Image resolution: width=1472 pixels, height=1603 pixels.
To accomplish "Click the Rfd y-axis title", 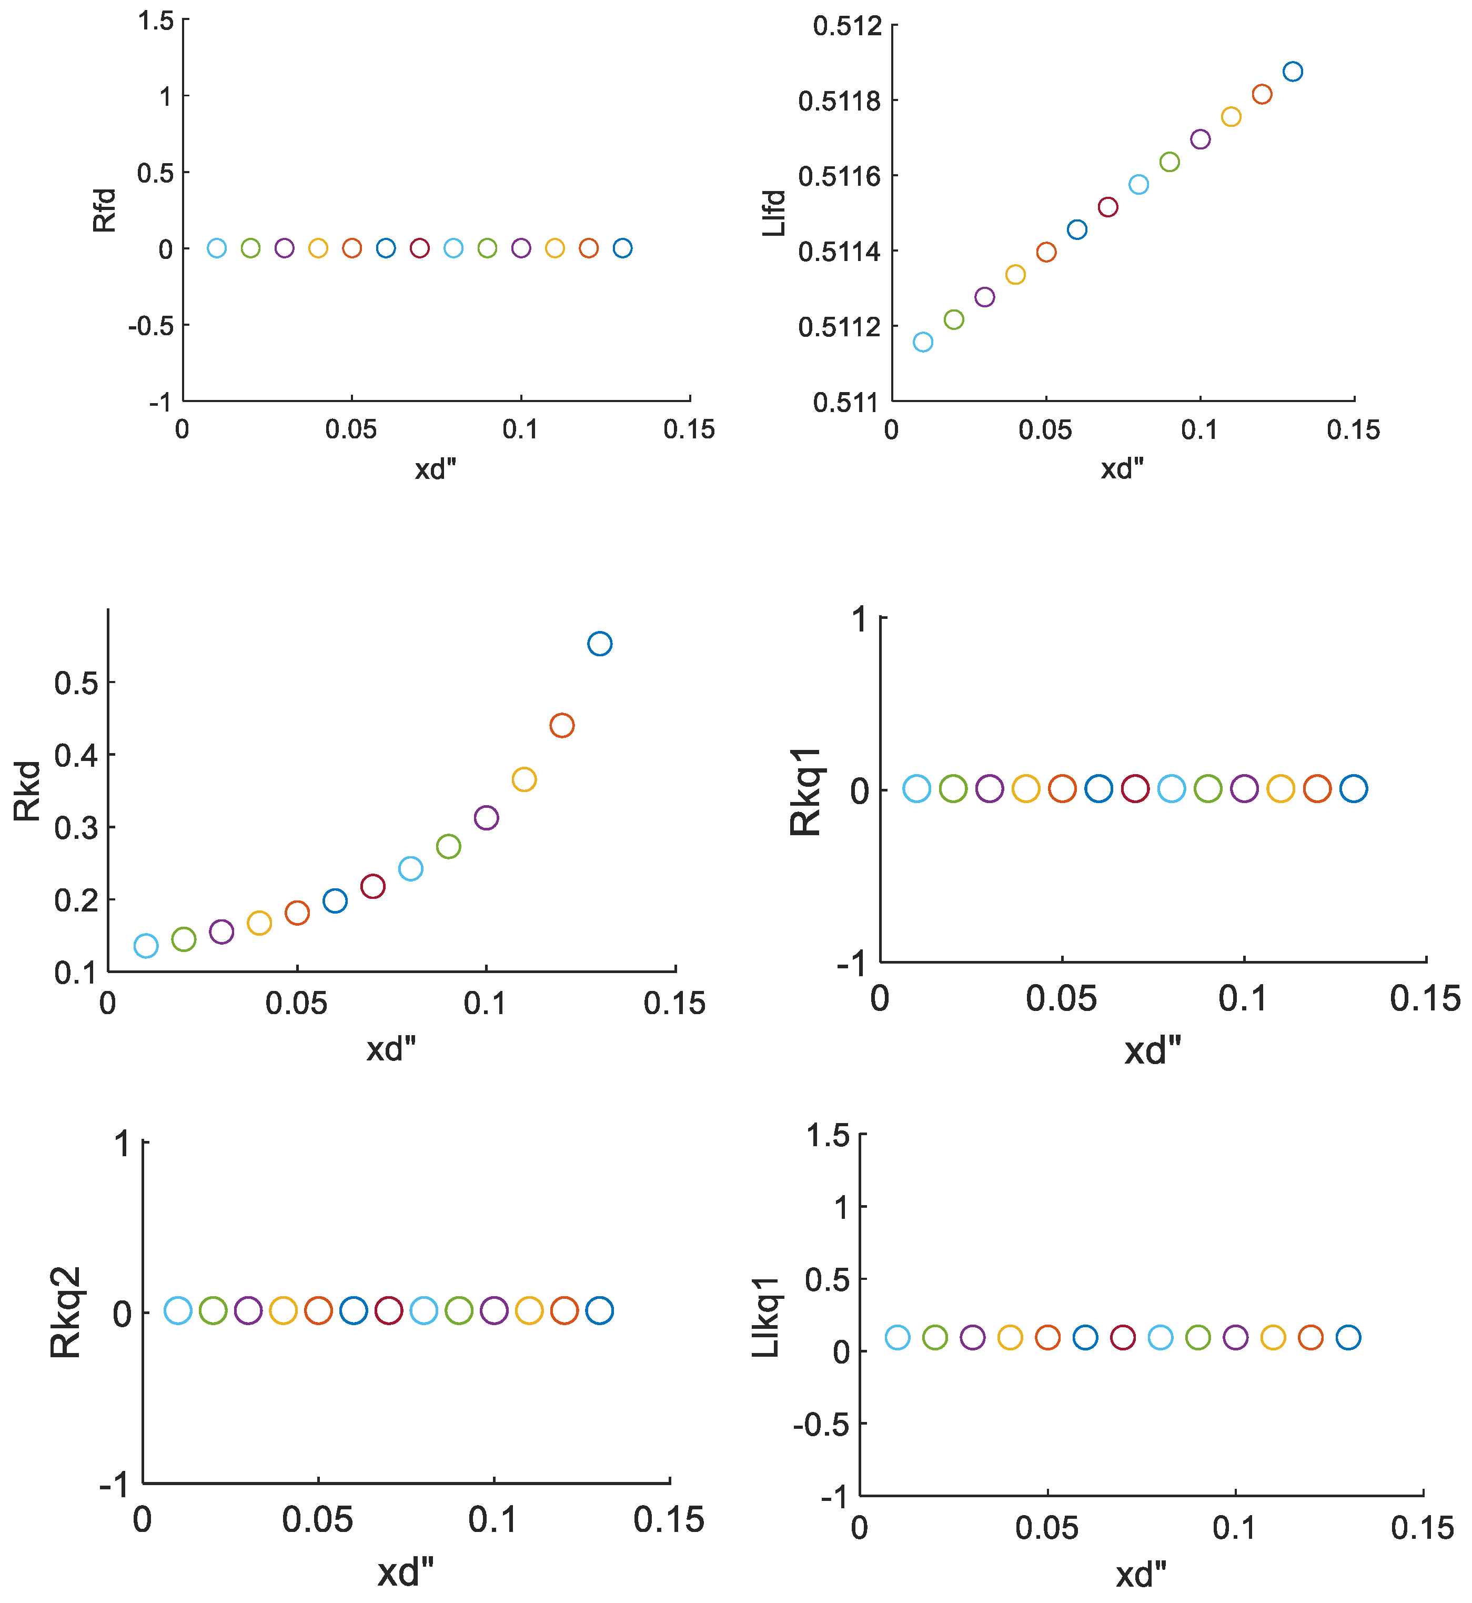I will tap(104, 211).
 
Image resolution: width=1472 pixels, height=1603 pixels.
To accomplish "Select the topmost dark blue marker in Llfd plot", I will tap(1293, 72).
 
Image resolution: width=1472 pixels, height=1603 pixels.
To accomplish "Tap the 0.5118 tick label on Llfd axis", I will tap(840, 101).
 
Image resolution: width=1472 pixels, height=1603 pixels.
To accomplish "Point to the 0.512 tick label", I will tap(848, 26).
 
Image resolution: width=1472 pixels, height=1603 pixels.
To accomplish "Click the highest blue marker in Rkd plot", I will tap(600, 644).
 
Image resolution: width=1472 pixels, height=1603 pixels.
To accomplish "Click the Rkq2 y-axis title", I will tap(65, 1312).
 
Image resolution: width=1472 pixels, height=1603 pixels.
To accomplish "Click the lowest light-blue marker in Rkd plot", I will tap(146, 946).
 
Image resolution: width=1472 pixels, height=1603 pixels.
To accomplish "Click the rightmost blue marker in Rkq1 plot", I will tap(1353, 789).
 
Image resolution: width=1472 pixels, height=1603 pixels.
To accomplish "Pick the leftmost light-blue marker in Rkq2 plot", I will tap(178, 1310).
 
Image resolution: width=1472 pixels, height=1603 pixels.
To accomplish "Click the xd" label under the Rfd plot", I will tap(435, 469).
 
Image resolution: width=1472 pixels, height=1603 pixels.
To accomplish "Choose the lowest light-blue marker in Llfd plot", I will tap(922, 342).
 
